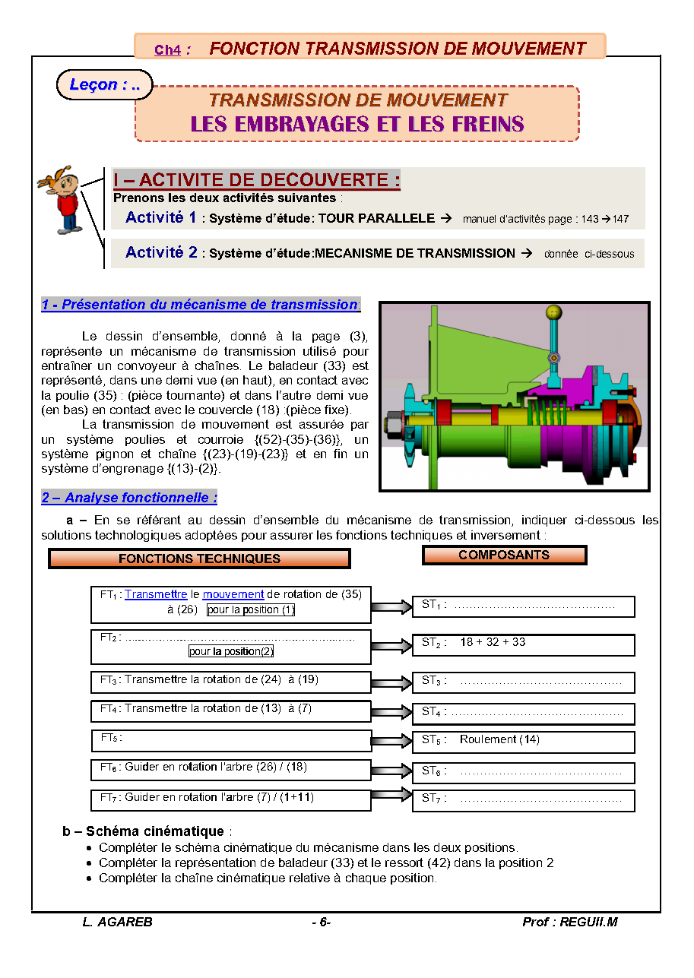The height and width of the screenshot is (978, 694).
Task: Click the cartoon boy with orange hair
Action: [x=62, y=199]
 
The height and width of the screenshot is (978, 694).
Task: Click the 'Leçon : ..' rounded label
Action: [x=105, y=84]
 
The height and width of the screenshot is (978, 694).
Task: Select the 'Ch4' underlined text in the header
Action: [x=167, y=50]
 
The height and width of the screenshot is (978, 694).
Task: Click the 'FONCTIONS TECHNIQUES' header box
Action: [x=199, y=559]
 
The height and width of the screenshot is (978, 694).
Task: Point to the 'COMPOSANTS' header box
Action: [x=504, y=555]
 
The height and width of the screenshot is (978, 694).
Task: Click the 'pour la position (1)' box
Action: [x=251, y=609]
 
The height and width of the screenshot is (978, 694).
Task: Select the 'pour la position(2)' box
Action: [x=231, y=651]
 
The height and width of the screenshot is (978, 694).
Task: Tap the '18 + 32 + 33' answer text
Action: [x=493, y=642]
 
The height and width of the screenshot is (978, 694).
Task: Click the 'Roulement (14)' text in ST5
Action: [x=499, y=739]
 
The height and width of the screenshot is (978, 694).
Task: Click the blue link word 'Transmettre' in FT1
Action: [x=156, y=594]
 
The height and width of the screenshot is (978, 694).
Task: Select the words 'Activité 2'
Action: [x=161, y=252]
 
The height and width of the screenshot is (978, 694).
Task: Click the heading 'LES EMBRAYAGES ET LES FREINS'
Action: [x=357, y=124]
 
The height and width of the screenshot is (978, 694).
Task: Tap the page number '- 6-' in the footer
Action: [x=321, y=922]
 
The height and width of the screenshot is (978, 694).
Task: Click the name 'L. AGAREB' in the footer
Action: [x=117, y=922]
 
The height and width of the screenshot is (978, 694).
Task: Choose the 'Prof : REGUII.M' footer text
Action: [x=569, y=922]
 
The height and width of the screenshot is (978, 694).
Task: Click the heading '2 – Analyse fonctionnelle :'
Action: [x=129, y=498]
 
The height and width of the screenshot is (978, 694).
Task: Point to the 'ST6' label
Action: [x=433, y=771]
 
